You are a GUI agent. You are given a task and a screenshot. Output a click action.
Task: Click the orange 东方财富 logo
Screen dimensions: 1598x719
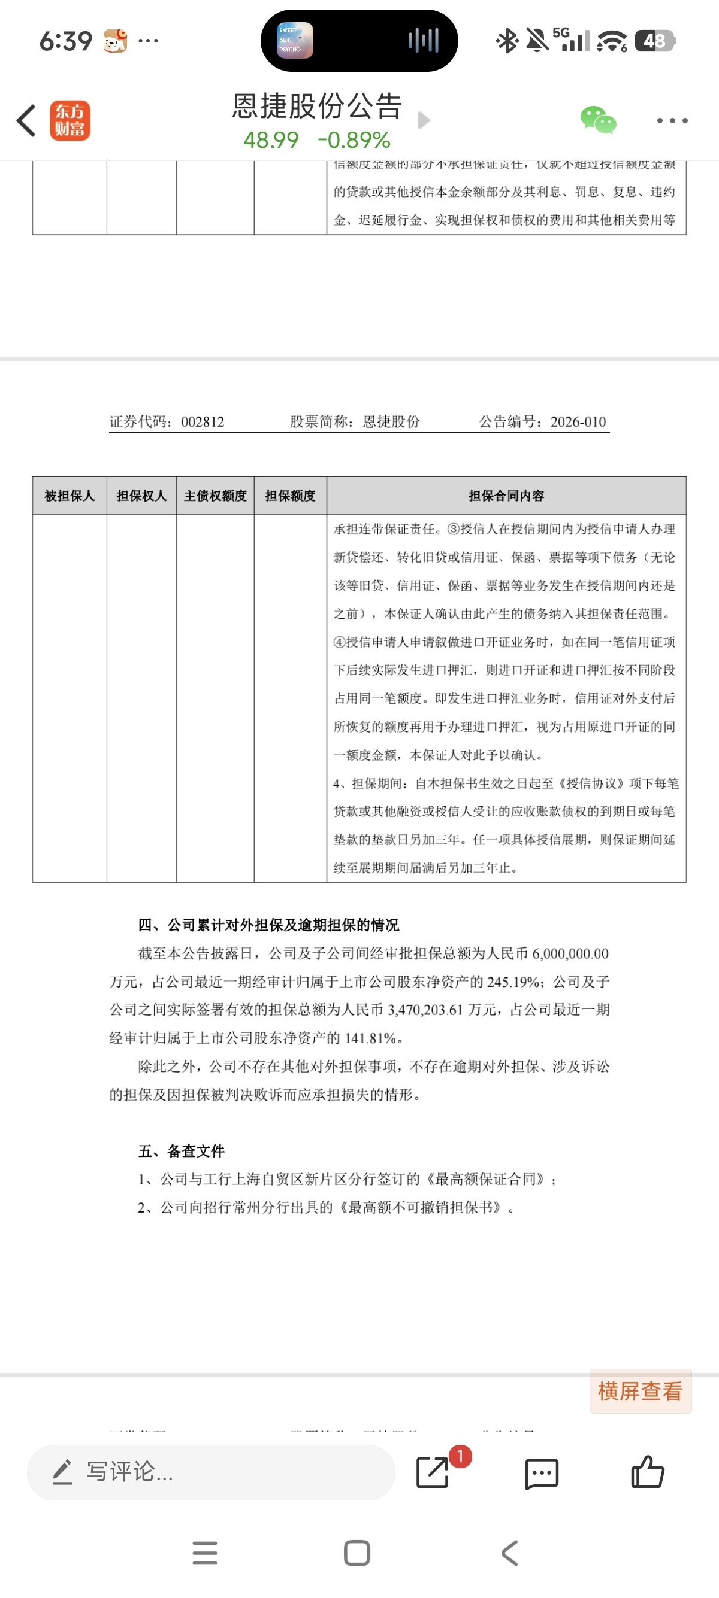point(70,120)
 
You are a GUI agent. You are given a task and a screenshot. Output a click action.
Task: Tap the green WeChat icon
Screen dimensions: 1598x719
point(598,120)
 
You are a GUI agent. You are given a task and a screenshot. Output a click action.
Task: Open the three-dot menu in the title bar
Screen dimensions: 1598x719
point(672,120)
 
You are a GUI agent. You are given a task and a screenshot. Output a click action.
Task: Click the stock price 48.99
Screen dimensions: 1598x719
point(271,140)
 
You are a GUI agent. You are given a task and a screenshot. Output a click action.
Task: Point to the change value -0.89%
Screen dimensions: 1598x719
point(354,140)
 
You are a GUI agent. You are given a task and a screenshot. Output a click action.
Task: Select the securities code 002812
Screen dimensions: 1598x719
point(203,422)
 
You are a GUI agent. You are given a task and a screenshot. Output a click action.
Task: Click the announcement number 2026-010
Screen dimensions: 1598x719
point(578,422)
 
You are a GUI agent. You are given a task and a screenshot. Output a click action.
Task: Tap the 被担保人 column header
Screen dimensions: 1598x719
point(70,496)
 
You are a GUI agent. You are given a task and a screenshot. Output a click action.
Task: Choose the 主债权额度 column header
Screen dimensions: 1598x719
point(216,496)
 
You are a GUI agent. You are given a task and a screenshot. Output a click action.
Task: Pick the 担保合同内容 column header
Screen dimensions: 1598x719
point(506,496)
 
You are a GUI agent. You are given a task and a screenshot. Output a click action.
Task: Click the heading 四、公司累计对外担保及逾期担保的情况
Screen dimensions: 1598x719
point(268,925)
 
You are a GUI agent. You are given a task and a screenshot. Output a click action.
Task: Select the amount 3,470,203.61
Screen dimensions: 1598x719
point(425,1010)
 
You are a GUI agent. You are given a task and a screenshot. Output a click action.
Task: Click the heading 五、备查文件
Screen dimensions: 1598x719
point(182,1151)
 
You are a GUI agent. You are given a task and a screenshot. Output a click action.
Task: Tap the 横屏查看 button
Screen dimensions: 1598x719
point(640,1392)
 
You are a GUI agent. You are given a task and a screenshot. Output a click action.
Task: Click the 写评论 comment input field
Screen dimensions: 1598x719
point(211,1472)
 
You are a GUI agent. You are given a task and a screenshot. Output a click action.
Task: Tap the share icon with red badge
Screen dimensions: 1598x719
point(433,1472)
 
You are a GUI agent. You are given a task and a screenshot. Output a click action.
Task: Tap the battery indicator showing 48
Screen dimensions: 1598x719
point(655,41)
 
